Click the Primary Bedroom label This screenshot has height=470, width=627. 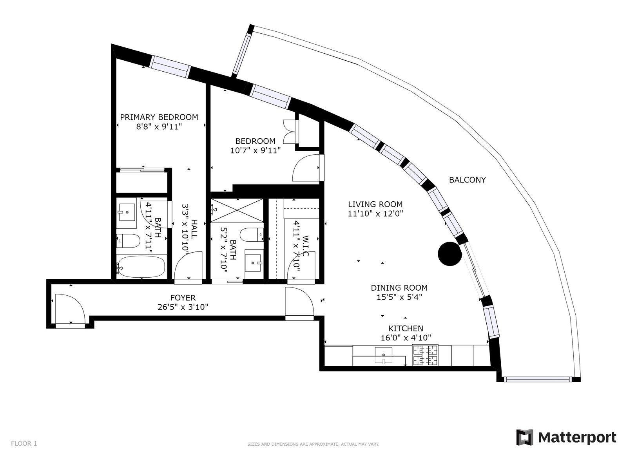(x=159, y=117)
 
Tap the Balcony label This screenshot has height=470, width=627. (x=468, y=180)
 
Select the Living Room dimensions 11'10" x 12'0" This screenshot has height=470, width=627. (x=375, y=213)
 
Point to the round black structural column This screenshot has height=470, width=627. (x=449, y=254)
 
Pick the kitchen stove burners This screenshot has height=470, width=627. (x=425, y=355)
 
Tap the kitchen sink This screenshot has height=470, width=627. (x=383, y=355)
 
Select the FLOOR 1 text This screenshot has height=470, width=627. (x=24, y=443)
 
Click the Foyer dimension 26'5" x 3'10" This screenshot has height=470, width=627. (x=183, y=307)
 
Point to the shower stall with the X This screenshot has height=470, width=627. (x=237, y=210)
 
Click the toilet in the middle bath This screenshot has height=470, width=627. (x=252, y=235)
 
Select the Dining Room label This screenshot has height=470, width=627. (x=399, y=287)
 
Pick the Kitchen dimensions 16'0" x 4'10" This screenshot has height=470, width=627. (x=406, y=338)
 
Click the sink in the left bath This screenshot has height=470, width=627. (x=127, y=212)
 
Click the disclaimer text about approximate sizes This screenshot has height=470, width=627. (x=313, y=444)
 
